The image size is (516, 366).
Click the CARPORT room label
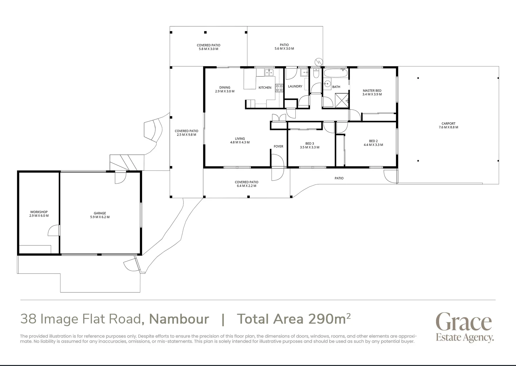point(448,124)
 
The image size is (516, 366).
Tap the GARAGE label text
point(100,213)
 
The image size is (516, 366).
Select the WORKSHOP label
point(39,212)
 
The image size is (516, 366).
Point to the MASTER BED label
point(372,90)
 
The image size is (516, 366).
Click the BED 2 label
point(373,141)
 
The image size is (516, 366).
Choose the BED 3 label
point(309,144)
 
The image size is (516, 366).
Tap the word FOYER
point(278,146)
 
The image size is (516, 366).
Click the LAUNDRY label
point(295,86)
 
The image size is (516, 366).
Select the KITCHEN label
point(265,87)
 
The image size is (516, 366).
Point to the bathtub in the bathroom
point(335,73)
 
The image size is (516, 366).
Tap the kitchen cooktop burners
point(279,88)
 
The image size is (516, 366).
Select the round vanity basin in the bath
point(327,83)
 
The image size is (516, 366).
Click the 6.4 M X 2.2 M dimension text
point(246,186)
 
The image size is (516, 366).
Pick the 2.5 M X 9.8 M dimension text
point(186,135)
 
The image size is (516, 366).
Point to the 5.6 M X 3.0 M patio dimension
point(284,49)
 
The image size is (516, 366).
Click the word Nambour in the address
point(179,319)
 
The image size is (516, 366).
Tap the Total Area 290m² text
point(293,319)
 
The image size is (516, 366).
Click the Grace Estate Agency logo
point(464,327)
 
